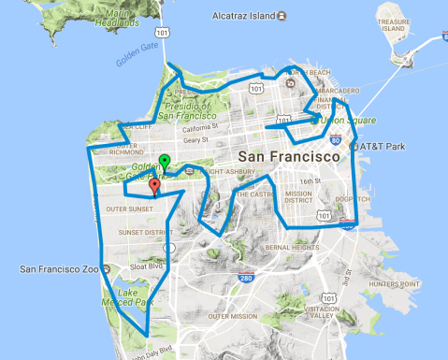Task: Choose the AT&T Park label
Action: (383, 148)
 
